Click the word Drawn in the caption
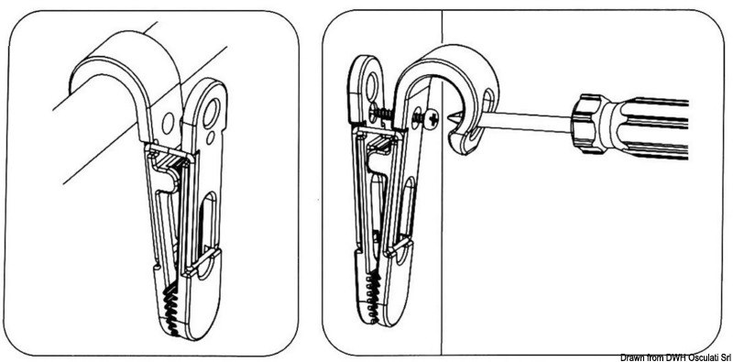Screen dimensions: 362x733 tap(635, 357)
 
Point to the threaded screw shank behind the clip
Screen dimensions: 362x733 tap(382, 112)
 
